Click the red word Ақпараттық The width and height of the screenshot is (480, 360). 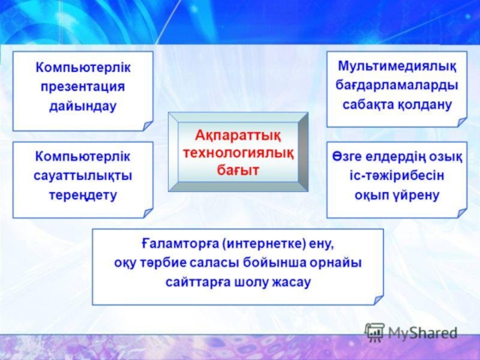238,136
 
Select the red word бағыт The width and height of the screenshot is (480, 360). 238,170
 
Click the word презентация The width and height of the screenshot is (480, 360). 83,87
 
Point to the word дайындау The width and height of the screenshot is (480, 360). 83,106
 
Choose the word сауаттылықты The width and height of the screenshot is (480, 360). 83,176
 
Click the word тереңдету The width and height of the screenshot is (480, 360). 83,196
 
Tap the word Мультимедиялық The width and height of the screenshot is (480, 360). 397,67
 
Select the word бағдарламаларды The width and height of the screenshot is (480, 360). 397,86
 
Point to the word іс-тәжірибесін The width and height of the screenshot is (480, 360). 397,176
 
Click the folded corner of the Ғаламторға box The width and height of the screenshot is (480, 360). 379,300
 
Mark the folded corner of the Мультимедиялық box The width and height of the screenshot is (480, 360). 462,122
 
